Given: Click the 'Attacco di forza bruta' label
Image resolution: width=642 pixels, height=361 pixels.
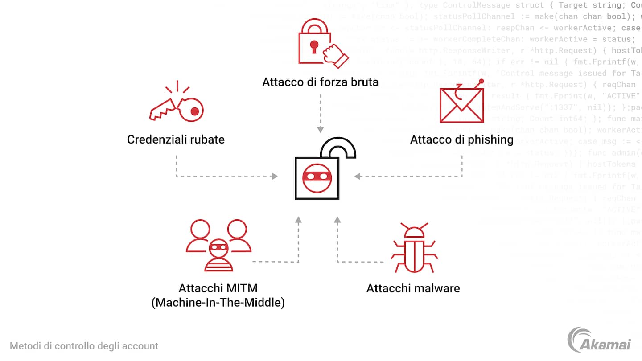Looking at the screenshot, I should pos(320,82).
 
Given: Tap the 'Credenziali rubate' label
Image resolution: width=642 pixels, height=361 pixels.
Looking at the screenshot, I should pos(176,139).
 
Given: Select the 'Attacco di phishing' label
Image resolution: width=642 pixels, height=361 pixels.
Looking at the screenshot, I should pos(461,139).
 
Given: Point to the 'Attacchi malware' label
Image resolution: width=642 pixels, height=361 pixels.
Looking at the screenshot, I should pos(413,288).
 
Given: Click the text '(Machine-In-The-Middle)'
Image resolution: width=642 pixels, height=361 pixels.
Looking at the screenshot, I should pos(218,303).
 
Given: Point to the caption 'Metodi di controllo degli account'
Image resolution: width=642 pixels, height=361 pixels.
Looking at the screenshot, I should pos(84,346).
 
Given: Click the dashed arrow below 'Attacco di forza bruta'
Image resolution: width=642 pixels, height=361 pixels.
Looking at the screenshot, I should pos(320,114).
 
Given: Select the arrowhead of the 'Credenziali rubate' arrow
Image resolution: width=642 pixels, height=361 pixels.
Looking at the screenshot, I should pos(275,176).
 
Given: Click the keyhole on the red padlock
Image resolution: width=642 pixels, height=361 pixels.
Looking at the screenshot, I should pos(314,46).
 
